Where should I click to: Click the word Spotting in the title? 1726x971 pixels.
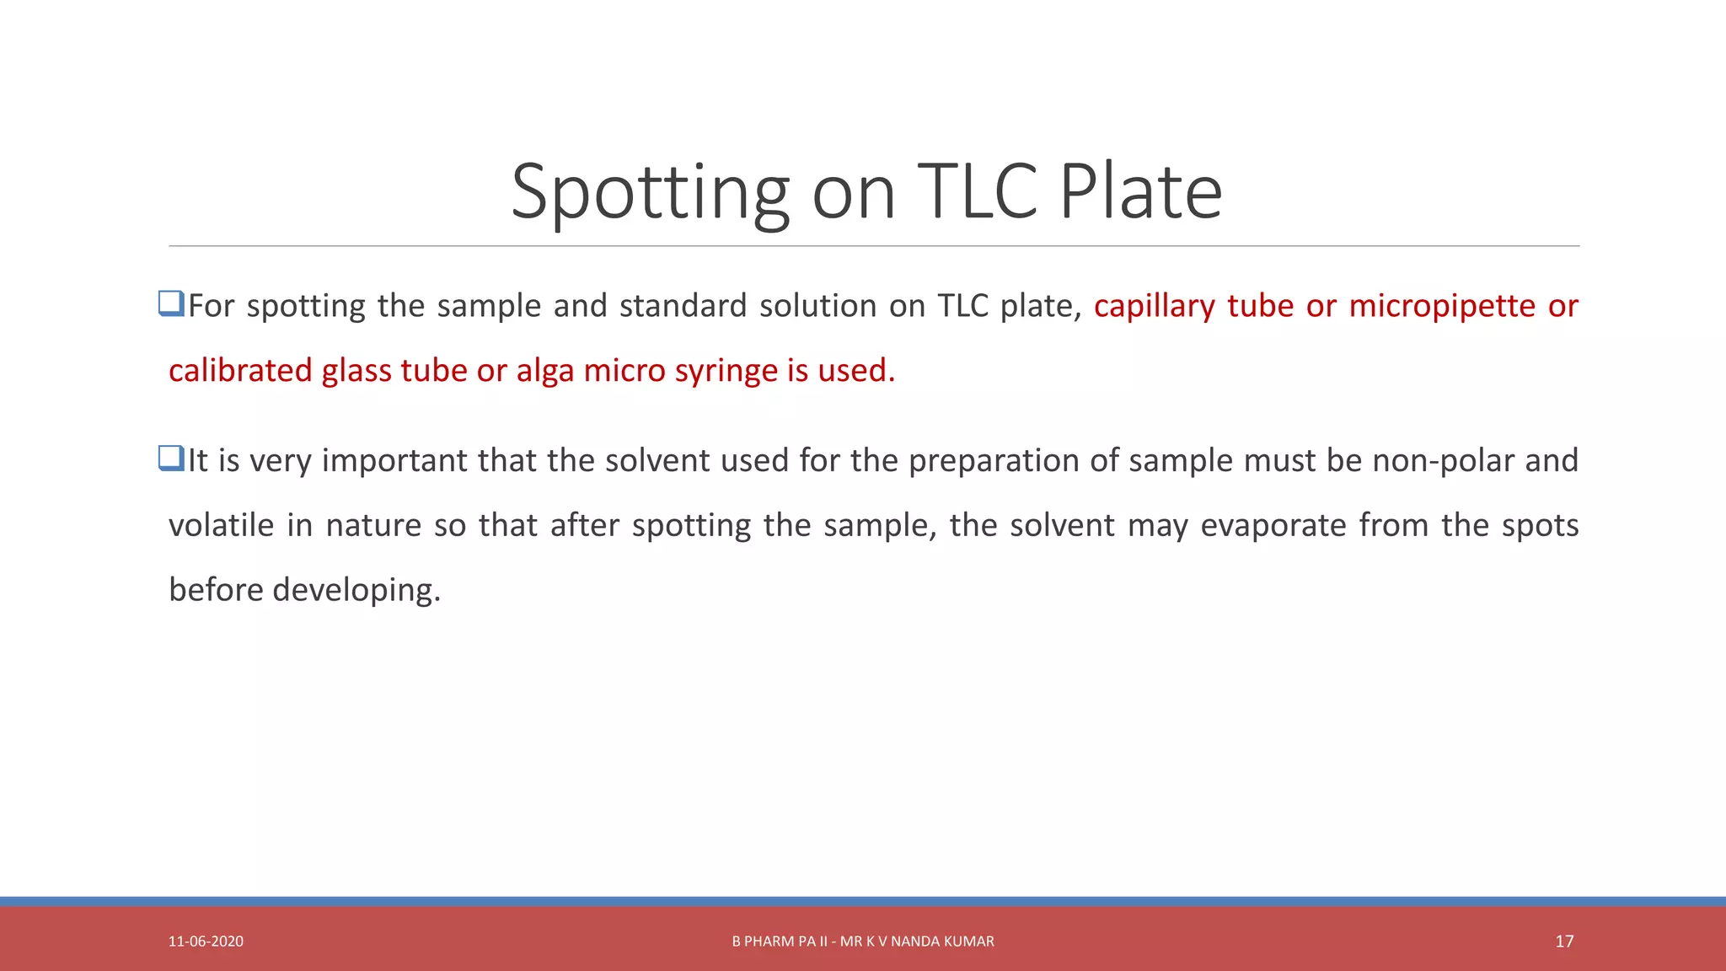[650, 193]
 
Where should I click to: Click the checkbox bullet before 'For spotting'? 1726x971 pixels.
[171, 303]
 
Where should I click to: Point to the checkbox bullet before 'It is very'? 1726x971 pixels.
[171, 459]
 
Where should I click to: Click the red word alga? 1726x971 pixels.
[545, 371]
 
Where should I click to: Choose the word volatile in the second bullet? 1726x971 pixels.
[221, 525]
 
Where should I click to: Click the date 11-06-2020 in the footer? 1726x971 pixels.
[206, 941]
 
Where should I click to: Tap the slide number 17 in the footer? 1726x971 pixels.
[1564, 941]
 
